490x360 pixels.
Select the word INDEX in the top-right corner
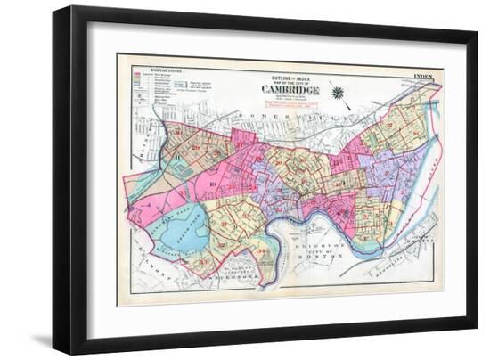(x=422, y=77)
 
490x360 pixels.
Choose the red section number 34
(x=261, y=252)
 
